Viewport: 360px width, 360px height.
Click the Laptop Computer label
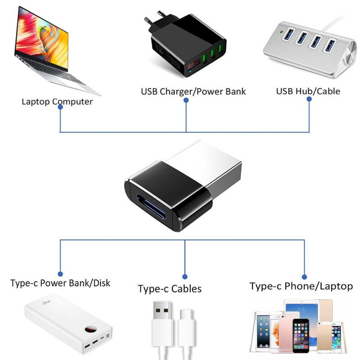[57, 101]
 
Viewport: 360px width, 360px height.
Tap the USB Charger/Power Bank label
[193, 92]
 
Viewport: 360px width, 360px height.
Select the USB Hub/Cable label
[308, 91]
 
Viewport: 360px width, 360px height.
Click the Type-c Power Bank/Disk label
[60, 283]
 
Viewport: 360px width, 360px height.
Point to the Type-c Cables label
[170, 288]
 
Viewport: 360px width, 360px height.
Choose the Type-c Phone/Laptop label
[301, 286]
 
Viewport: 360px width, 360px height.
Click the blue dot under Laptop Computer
[60, 108]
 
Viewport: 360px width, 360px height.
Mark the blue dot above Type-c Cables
[185, 276]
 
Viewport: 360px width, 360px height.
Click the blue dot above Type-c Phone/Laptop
[304, 276]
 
